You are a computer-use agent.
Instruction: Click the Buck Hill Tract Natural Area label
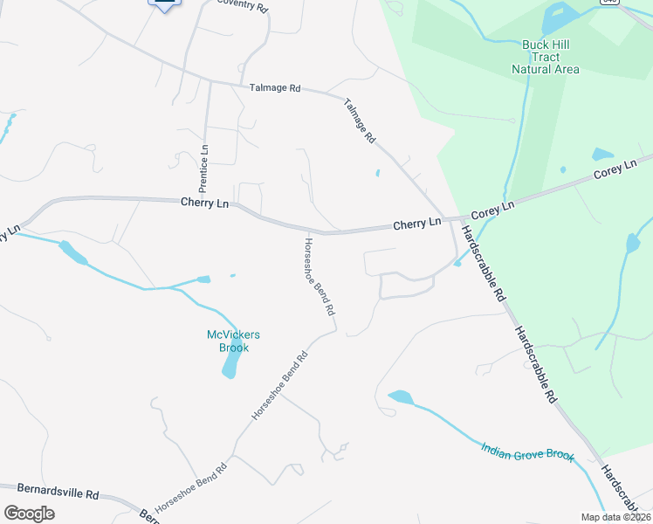point(545,57)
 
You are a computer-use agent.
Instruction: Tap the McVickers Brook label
point(233,341)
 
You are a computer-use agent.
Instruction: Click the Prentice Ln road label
point(203,168)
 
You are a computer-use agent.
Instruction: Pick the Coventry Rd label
point(242,3)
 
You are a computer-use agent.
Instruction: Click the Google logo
point(29,513)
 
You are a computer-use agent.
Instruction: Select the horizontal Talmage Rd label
point(274,88)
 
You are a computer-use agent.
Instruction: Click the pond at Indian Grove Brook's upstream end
point(400,397)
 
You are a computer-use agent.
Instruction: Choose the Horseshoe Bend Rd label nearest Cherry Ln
point(319,276)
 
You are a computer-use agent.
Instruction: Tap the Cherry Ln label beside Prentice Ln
point(204,203)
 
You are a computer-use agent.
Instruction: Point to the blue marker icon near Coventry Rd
point(165,4)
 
